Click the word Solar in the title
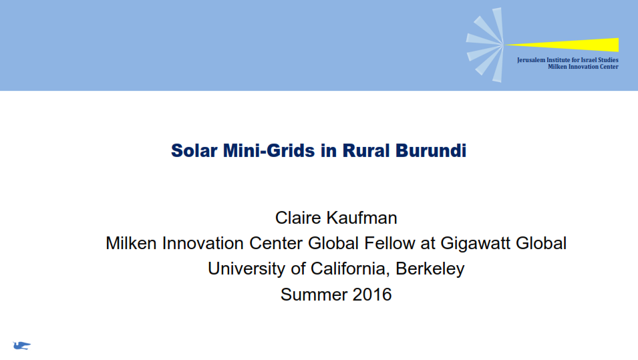tap(194, 150)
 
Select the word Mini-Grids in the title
tap(269, 150)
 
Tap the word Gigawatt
tap(476, 243)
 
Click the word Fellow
tap(389, 243)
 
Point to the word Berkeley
tap(430, 269)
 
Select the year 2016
tap(372, 295)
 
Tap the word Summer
tap(314, 295)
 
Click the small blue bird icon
tap(21, 346)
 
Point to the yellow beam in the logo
tap(561, 45)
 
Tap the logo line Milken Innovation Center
tap(583, 67)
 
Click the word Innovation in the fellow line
tap(203, 243)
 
